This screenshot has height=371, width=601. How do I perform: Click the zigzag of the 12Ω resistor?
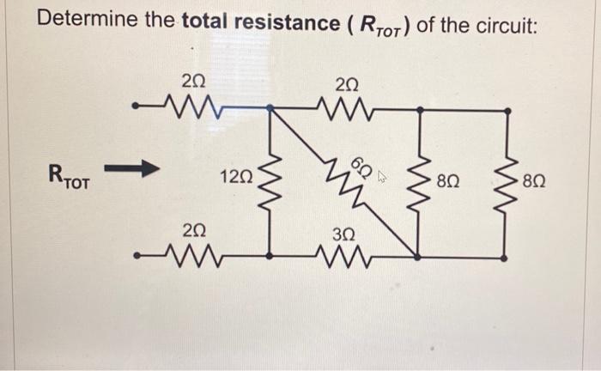[x=271, y=181]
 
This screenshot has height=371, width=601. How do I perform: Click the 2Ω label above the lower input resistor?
[x=194, y=229]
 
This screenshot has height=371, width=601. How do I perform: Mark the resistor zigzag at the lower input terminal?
[x=192, y=254]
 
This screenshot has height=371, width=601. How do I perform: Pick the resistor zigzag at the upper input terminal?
[x=192, y=108]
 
